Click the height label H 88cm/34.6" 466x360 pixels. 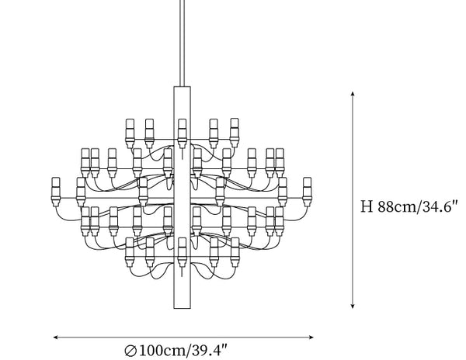(409, 206)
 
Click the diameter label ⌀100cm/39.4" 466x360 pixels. (176, 351)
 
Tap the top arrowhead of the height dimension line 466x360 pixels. (353, 94)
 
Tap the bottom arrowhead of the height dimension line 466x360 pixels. (353, 306)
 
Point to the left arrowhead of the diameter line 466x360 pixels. (56, 337)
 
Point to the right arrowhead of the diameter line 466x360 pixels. (311, 337)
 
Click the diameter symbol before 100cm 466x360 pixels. (130, 351)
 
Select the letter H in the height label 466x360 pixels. (367, 206)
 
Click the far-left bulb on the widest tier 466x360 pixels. (56, 192)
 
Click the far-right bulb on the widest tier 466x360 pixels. (308, 192)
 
